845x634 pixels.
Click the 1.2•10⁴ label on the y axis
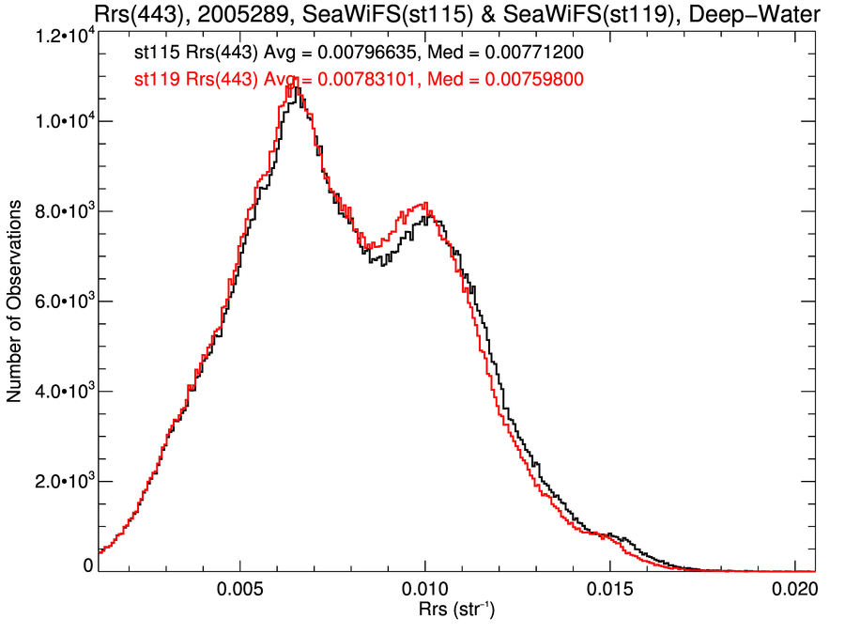coord(62,35)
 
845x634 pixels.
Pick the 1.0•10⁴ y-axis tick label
coord(62,122)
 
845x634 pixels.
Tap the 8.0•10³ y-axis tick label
coord(62,212)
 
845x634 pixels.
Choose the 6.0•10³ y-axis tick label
coord(62,302)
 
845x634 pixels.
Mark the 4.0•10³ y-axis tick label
coord(62,392)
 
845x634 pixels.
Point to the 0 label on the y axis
coord(87,566)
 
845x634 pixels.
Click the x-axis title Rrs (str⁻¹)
coord(456,611)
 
